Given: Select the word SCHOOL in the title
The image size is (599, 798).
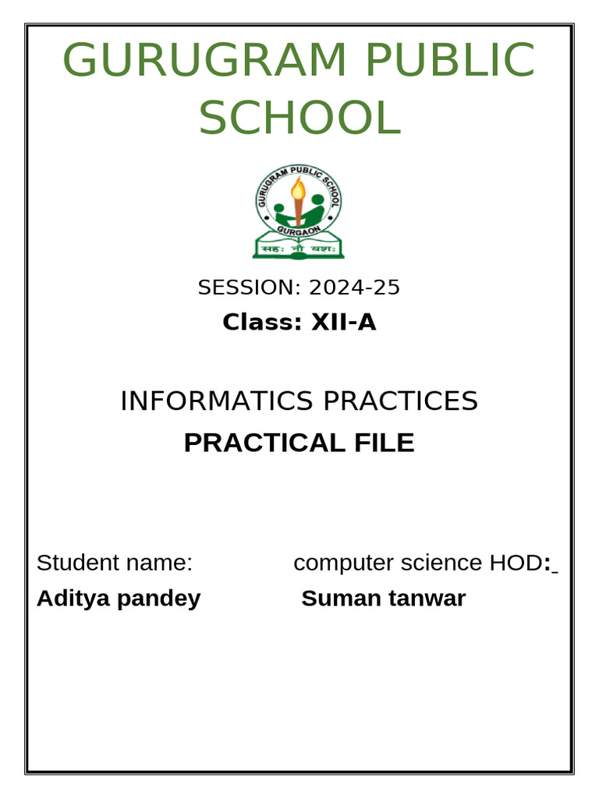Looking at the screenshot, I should (299, 118).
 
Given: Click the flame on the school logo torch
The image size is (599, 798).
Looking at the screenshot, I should (298, 188).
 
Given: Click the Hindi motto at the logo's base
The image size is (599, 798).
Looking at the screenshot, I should (298, 249).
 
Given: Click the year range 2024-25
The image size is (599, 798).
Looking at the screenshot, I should (354, 288).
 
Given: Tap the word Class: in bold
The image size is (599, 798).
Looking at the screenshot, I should (263, 322).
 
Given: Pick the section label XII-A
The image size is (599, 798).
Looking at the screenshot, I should (344, 322).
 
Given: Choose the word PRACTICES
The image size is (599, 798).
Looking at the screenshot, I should (400, 401).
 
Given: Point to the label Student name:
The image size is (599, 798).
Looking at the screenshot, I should (115, 563).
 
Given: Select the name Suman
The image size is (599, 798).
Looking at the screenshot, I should (335, 598).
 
